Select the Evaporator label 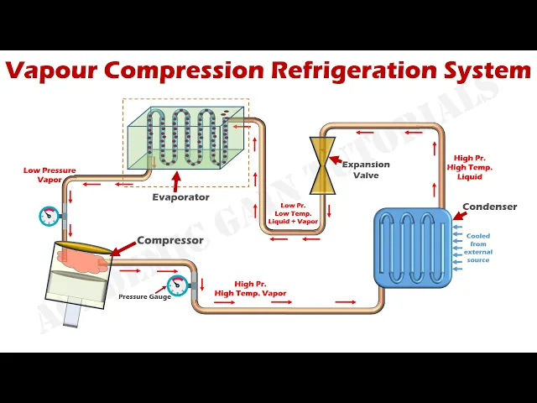pos(180,197)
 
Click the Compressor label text pos(170,241)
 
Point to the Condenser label pos(489,207)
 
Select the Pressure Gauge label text pos(144,296)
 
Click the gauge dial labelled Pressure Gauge pos(176,285)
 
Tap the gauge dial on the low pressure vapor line pos(49,216)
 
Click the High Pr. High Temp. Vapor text pos(250,289)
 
